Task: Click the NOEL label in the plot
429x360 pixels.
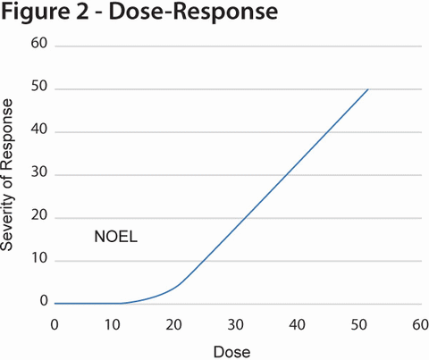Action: [x=115, y=237]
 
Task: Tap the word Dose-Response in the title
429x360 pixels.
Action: [x=185, y=14]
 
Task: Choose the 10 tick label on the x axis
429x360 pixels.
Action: [x=114, y=323]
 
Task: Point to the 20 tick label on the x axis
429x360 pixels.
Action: [x=175, y=323]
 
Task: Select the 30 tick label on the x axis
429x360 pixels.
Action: [x=236, y=323]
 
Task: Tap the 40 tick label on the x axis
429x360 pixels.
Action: [x=296, y=323]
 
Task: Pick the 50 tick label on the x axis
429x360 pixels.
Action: [x=357, y=323]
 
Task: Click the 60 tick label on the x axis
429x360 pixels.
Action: [x=416, y=323]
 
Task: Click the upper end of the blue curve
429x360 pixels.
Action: [x=367, y=89]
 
